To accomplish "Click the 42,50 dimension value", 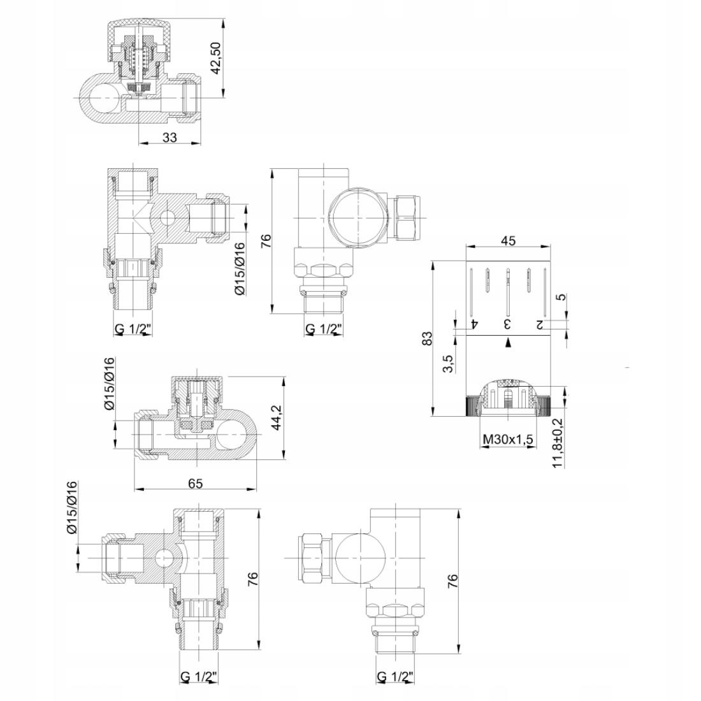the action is point(217,58).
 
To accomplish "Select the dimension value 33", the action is point(170,137).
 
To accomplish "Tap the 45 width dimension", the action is point(509,240).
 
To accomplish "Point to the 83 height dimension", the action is point(428,338).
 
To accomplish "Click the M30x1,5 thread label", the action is point(509,440).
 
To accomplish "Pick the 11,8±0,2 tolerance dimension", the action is point(558,443).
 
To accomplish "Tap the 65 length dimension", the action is point(196,483).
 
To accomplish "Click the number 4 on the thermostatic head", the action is point(475,323).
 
